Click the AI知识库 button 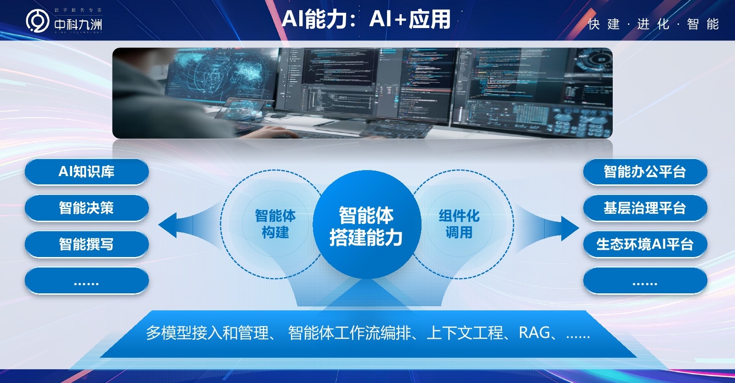point(86,172)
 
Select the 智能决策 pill point(86,208)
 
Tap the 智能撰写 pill point(86,244)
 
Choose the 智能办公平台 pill point(644,172)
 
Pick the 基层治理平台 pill point(644,208)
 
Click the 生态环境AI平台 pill point(644,244)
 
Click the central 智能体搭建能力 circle point(366,226)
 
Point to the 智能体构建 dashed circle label point(275,224)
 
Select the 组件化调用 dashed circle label point(459,224)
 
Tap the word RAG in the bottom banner point(534,332)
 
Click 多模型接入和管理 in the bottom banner point(207,333)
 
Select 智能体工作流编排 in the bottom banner point(349,333)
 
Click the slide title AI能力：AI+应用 point(366,19)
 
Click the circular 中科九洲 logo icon point(37,21)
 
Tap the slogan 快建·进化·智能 point(653,24)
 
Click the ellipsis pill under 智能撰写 point(86,281)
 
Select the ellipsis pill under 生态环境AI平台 point(644,281)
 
